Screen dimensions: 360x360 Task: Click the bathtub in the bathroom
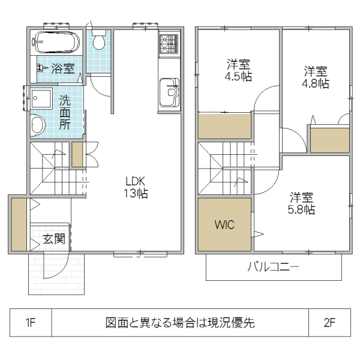point(56,43)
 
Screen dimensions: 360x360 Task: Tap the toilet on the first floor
point(99,41)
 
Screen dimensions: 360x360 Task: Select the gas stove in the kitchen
point(169,44)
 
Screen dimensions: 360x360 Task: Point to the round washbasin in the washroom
point(37,125)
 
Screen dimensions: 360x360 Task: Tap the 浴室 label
point(63,68)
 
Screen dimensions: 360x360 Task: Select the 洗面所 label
point(65,112)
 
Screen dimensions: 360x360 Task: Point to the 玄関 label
point(54,239)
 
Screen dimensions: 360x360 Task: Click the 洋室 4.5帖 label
point(238,70)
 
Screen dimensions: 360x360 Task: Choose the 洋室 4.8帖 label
point(315,77)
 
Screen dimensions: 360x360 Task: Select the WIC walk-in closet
point(225,224)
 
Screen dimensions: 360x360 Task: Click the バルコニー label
point(273,267)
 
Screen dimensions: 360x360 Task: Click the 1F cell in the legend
point(31,322)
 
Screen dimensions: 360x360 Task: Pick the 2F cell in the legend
point(329,322)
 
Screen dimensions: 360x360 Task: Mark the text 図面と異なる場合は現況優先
point(180,322)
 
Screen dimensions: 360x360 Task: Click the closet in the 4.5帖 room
point(225,127)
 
